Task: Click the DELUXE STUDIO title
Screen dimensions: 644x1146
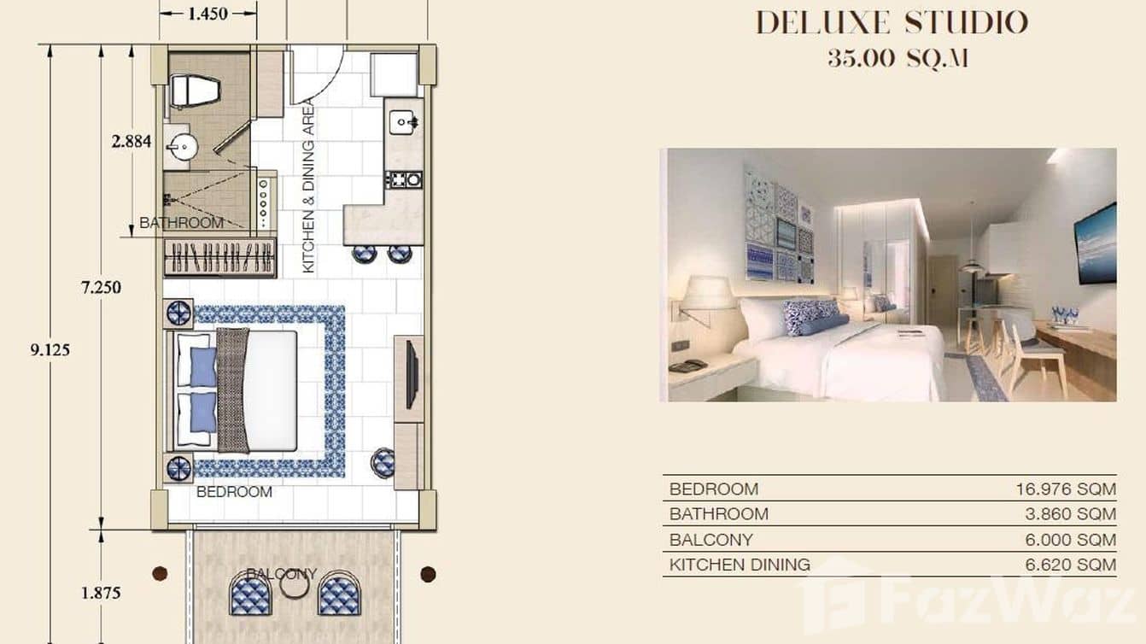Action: (x=892, y=23)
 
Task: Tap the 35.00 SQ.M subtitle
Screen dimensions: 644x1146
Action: (x=897, y=59)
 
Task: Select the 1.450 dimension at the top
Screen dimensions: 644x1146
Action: (x=208, y=14)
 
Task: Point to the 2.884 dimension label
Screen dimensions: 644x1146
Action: (x=132, y=141)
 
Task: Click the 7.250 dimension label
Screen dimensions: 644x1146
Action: (x=101, y=287)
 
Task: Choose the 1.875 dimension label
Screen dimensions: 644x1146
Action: (x=101, y=593)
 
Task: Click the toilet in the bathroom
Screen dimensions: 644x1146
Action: (x=195, y=90)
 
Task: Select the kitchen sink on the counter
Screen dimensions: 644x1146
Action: (x=404, y=123)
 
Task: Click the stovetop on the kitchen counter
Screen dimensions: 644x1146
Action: (x=404, y=179)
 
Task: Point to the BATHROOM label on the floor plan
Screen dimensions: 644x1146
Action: (x=181, y=223)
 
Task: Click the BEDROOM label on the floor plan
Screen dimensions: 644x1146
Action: (x=234, y=492)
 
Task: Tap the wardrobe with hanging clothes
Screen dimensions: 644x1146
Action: (x=220, y=257)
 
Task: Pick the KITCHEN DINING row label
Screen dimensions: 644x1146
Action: (x=740, y=565)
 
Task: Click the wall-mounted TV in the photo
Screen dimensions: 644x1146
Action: (x=1096, y=243)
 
